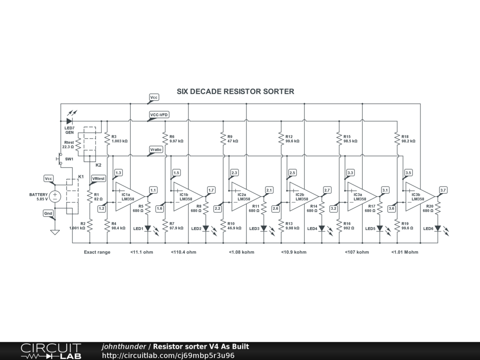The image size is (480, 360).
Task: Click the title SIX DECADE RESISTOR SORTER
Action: point(235,91)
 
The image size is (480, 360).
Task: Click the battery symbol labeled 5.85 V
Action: point(55,196)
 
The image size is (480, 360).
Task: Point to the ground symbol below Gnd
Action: point(55,231)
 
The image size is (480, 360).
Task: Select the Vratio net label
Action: point(156,150)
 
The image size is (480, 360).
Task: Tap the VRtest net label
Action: point(98,179)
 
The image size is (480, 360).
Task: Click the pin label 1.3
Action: point(118,173)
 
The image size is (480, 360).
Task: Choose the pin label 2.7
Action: point(327,190)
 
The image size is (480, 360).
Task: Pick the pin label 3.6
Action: point(391,208)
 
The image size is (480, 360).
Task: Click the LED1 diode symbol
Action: point(148,229)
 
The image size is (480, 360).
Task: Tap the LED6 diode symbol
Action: point(438,229)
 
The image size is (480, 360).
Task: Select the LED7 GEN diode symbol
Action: point(69,121)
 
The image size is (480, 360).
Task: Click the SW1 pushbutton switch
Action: point(60,159)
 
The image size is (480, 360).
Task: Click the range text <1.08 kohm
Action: point(241,252)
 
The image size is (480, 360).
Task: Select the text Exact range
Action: point(97,252)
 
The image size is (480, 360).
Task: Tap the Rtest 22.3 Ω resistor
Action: point(78,141)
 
